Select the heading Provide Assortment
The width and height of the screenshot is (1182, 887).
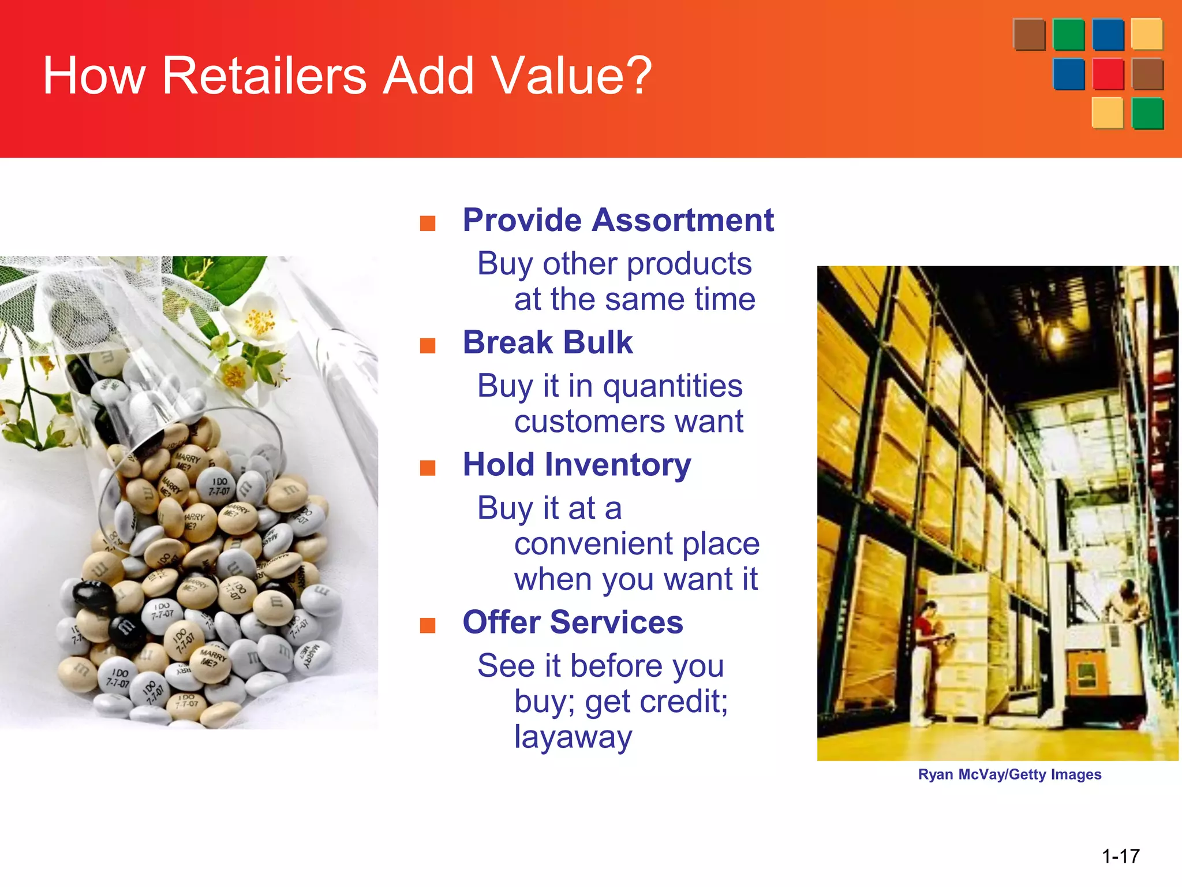[x=618, y=220]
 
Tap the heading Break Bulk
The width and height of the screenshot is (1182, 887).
[x=547, y=342]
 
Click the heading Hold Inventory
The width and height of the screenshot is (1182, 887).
[x=577, y=465]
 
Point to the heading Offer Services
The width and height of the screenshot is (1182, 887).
[x=573, y=623]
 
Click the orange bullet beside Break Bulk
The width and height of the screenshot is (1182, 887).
[x=427, y=345]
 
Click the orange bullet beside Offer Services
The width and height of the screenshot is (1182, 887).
[x=427, y=625]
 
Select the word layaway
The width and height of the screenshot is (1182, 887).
[x=573, y=737]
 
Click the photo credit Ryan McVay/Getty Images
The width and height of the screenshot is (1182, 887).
[x=1009, y=774]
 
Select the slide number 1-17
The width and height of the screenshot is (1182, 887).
[x=1120, y=856]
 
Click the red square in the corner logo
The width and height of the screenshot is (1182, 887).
[x=1108, y=74]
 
